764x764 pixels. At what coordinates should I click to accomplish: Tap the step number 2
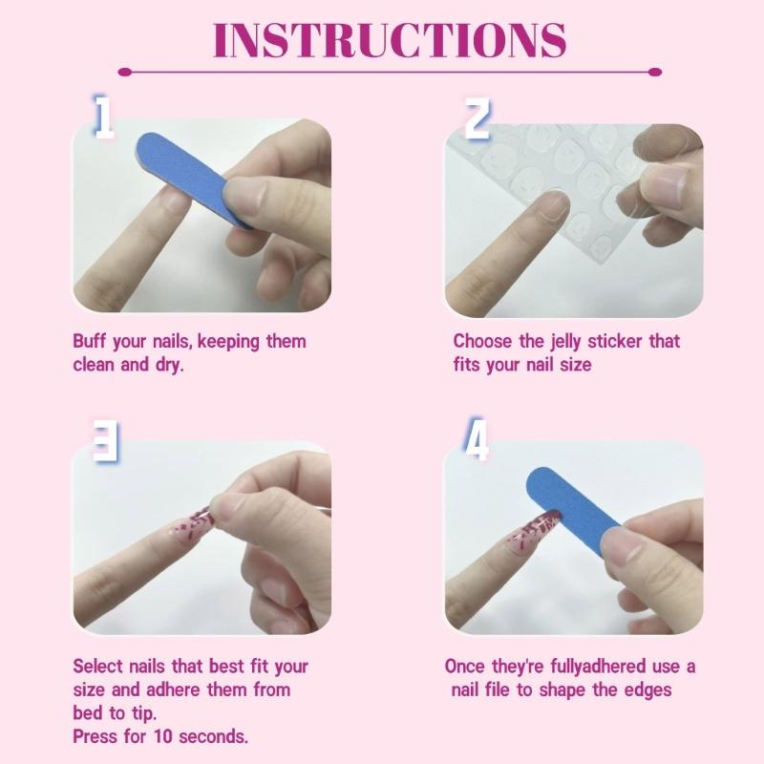[477, 117]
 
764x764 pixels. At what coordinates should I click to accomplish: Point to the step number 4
[477, 441]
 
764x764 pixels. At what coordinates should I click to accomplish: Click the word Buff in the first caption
[92, 341]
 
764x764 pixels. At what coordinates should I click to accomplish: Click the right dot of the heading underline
[654, 72]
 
